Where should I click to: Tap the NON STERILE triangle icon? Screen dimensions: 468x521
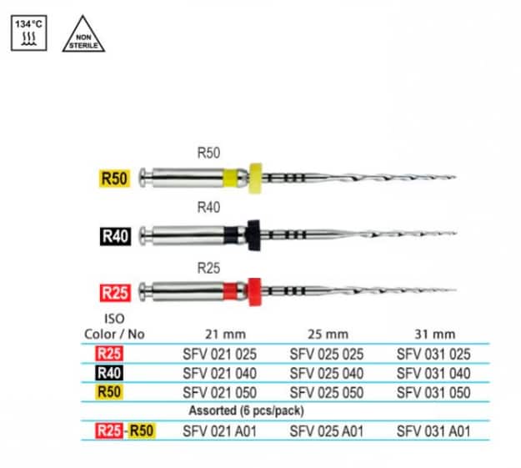[83, 36]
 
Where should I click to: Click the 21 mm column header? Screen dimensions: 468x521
[218, 335]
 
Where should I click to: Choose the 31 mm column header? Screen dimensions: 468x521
[430, 335]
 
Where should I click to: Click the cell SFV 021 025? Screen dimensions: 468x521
[218, 354]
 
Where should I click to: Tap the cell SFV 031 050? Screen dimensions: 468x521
[431, 392]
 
